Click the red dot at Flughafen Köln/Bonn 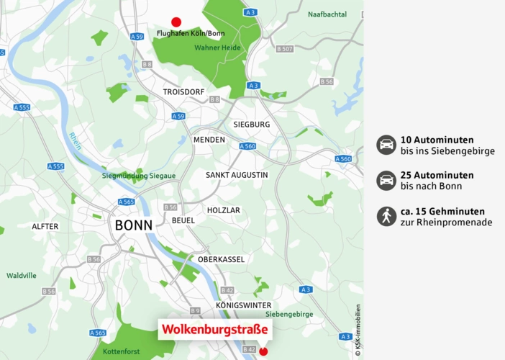pos(176,22)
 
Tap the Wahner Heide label pos(217,48)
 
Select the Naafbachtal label pos(327,14)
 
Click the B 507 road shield pos(284,48)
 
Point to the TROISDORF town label pos(184,92)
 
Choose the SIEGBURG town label pos(252,124)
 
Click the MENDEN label pos(209,140)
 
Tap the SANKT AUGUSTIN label pos(237,175)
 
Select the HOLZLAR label pos(224,210)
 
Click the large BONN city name pos(133,225)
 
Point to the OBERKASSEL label pos(221,259)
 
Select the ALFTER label pos(45,226)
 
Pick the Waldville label pos(22,275)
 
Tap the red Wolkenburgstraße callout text pos(214,330)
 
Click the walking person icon pos(386,216)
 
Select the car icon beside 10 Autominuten pos(386,145)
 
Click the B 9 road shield pos(195,310)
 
